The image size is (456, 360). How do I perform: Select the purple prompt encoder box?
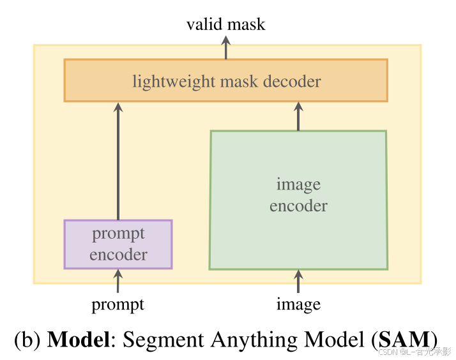click(x=118, y=244)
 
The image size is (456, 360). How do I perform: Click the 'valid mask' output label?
click(x=225, y=25)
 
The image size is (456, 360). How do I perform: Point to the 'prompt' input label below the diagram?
click(x=118, y=304)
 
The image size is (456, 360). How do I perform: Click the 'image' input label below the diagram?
click(x=298, y=304)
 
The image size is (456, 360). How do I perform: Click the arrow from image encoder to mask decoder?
click(x=298, y=116)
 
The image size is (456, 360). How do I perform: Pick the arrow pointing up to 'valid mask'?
click(x=225, y=48)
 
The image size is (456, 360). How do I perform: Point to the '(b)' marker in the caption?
click(x=28, y=339)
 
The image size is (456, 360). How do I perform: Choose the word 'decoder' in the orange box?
click(x=293, y=82)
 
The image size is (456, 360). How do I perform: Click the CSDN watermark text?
click(x=415, y=352)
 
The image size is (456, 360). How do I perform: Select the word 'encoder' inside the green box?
click(x=298, y=206)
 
